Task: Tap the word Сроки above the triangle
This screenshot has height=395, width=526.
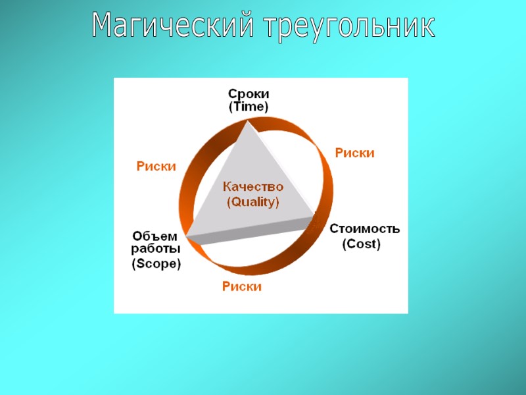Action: [249, 94]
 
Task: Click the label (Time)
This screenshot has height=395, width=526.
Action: [249, 106]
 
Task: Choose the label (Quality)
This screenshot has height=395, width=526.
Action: [253, 202]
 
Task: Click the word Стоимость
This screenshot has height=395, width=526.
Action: [364, 229]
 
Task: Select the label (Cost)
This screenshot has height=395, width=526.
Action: [362, 244]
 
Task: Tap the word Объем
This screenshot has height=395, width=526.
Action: [155, 236]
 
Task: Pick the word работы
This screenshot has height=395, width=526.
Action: [156, 250]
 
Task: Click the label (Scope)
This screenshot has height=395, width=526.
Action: [156, 264]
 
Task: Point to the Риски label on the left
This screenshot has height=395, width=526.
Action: [156, 167]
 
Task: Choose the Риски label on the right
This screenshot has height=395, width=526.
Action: [355, 153]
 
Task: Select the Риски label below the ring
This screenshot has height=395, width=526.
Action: [242, 286]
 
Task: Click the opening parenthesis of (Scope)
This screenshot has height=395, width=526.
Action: [133, 265]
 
